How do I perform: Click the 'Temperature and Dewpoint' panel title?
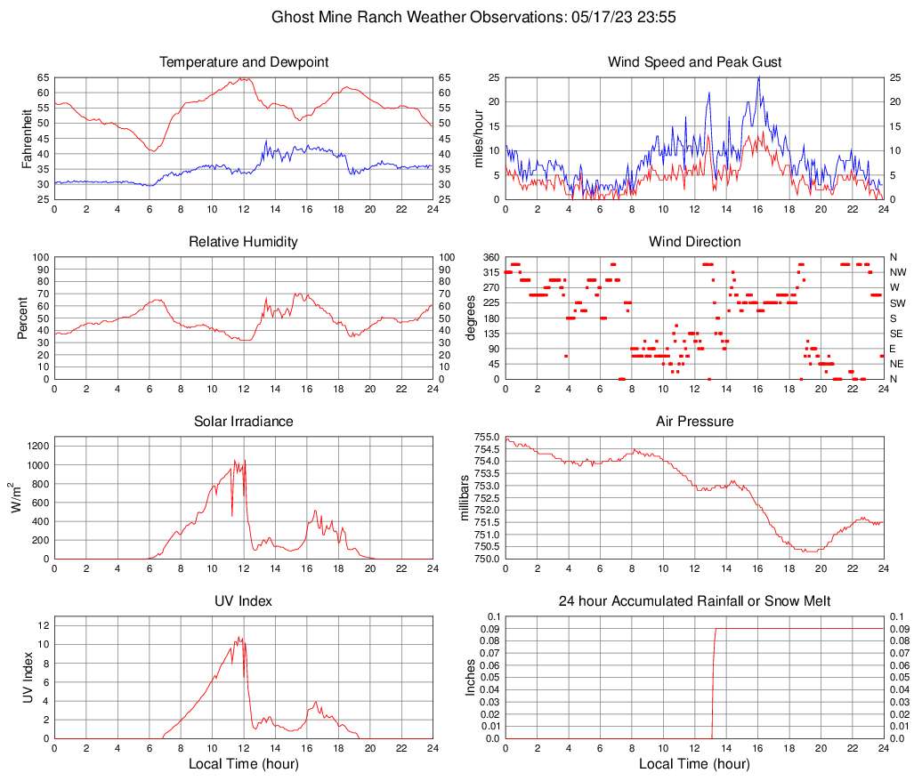click(x=243, y=62)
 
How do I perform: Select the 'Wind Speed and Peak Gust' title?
click(x=694, y=62)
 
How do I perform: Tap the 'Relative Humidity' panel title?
click(x=243, y=242)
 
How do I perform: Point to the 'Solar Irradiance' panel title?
click(x=243, y=422)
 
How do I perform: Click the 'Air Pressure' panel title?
click(x=694, y=422)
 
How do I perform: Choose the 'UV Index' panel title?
click(x=243, y=601)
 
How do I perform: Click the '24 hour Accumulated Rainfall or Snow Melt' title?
click(x=694, y=601)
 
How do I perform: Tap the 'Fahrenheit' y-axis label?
click(x=25, y=139)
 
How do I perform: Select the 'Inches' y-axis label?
click(x=472, y=678)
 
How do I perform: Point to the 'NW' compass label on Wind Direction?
click(x=898, y=272)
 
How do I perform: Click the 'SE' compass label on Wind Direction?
click(x=897, y=334)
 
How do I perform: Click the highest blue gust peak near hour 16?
click(x=758, y=78)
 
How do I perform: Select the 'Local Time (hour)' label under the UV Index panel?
click(x=243, y=764)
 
